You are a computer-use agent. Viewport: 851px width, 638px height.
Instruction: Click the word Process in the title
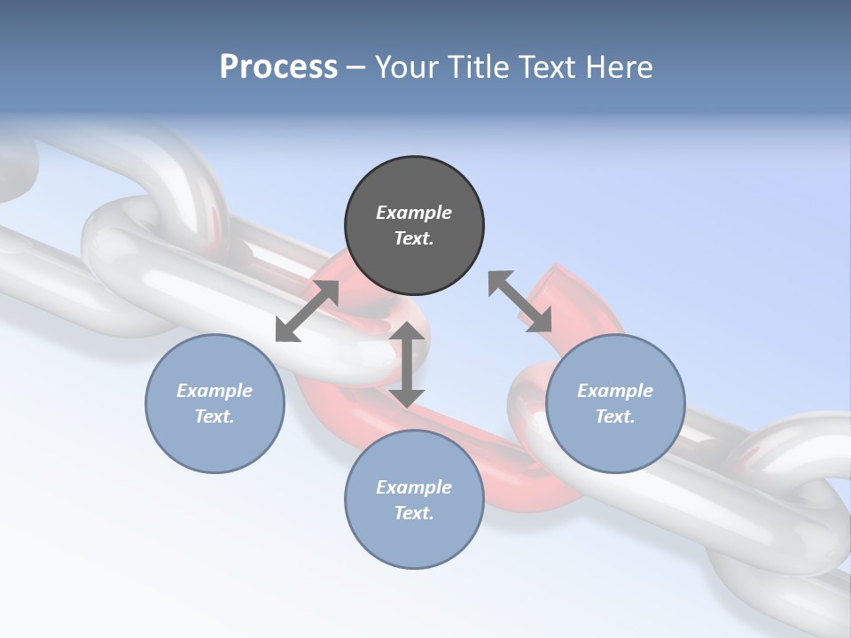[x=278, y=67]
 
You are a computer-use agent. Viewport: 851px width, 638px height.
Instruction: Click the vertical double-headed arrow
[x=407, y=364]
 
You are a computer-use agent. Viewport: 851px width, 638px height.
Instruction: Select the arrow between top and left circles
[x=307, y=311]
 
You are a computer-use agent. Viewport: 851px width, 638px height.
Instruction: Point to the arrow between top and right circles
[x=519, y=301]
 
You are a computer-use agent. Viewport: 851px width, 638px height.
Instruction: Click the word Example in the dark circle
[x=414, y=213]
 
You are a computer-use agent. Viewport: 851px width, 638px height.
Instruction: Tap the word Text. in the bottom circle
[x=414, y=513]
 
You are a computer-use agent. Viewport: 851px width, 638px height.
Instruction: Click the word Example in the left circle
[x=215, y=391]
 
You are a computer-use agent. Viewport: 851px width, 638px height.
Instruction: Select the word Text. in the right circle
[x=615, y=416]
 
